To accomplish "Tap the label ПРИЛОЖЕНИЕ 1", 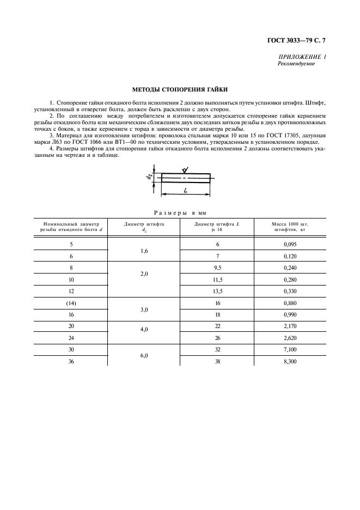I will coord(302,57).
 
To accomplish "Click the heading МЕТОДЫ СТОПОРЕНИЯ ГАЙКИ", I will coord(180,89).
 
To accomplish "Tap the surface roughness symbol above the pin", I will coord(184,169).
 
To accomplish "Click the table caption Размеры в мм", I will coord(180,212).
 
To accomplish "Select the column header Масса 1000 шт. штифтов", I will coord(290,227).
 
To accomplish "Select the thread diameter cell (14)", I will coord(71,303).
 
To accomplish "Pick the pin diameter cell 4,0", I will coord(144,331).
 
